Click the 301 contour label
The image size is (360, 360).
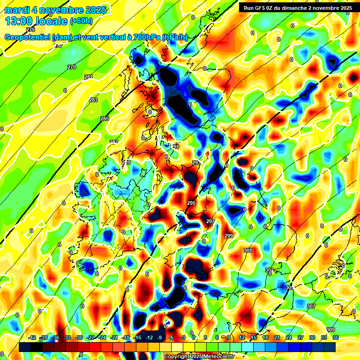248,251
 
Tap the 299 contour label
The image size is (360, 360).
228,236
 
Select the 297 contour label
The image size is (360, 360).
210,221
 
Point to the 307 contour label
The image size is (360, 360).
311,306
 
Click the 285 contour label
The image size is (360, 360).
105,119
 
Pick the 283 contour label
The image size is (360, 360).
93,100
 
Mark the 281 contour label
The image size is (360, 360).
89,77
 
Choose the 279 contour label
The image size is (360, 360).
72,67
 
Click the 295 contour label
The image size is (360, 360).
191,203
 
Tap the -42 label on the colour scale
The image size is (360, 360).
32,338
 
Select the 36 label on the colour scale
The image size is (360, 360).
335,338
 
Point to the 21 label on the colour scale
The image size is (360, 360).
277,338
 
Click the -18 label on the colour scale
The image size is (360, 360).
126,338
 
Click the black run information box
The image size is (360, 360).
297,8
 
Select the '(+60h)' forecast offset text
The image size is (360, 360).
82,21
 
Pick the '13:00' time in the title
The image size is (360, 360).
19,21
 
